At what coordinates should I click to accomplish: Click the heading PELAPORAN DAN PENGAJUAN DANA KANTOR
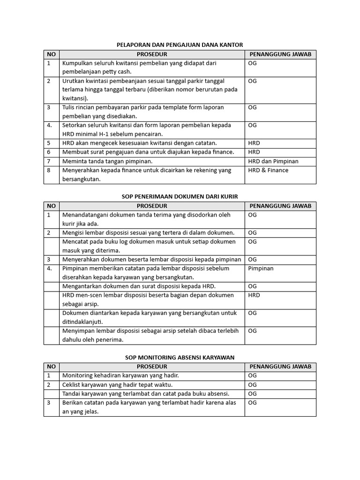(x=180, y=45)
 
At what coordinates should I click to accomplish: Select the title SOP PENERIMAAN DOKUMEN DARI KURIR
(x=180, y=196)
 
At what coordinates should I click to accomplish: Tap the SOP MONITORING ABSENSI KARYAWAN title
(x=180, y=357)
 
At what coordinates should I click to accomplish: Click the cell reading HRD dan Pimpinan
(x=273, y=161)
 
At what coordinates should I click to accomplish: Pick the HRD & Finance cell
(x=268, y=170)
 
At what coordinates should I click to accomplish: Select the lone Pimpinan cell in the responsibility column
(x=261, y=269)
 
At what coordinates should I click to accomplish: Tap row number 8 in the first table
(x=48, y=170)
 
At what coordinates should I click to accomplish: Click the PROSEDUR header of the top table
(x=152, y=54)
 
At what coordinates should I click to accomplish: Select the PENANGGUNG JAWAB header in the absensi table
(x=280, y=367)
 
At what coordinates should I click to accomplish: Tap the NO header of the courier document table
(x=52, y=206)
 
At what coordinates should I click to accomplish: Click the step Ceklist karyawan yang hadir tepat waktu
(x=117, y=385)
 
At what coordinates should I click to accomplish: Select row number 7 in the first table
(x=48, y=161)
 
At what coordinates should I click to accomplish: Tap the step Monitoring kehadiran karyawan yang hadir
(x=120, y=375)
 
